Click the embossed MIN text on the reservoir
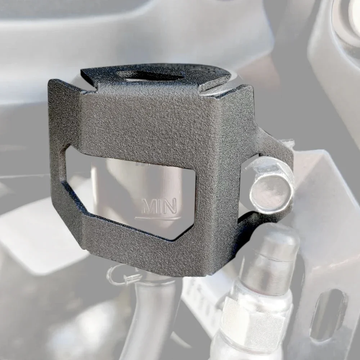[x=159, y=206]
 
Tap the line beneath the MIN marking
[x=158, y=217]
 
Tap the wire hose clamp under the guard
[x=125, y=276]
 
